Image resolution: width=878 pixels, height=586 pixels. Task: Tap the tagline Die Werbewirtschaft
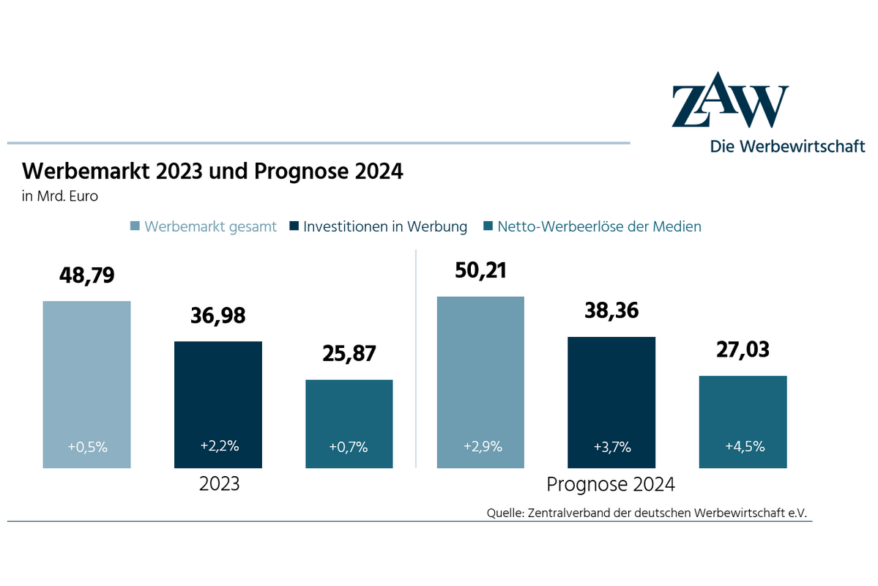tap(787, 146)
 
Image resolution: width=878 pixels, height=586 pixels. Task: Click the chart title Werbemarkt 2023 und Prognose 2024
tap(213, 171)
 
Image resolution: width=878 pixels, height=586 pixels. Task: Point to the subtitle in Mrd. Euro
tap(61, 196)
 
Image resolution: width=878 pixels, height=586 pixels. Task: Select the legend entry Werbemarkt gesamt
tap(210, 226)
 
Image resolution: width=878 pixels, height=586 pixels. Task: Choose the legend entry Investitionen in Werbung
tap(384, 226)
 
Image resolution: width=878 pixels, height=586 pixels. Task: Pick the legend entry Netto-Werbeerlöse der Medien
tap(599, 226)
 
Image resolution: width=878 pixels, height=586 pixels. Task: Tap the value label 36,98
tap(217, 316)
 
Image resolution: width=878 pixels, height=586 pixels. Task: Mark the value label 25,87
tap(349, 354)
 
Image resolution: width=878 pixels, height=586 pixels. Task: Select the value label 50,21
tap(480, 270)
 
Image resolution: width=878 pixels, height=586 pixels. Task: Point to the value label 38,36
tap(611, 311)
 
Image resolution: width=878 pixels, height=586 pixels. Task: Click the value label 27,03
tap(743, 350)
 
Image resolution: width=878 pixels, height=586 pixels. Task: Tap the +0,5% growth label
tap(86, 446)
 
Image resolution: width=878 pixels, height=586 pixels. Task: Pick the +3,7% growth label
tap(611, 446)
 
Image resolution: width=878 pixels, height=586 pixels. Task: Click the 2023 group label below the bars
tap(219, 484)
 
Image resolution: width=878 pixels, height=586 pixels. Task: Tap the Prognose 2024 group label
tap(611, 484)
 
